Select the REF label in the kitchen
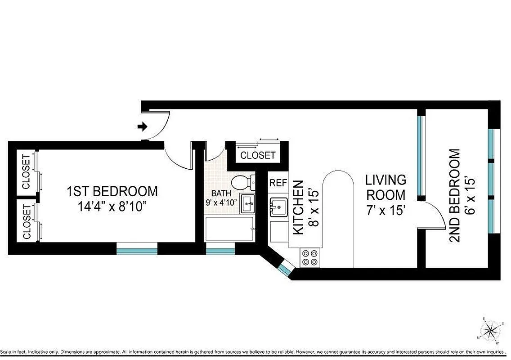(278, 183)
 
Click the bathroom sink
(247, 204)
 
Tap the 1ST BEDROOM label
(112, 191)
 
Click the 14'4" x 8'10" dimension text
(112, 208)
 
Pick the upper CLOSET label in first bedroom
(26, 172)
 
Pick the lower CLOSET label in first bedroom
(26, 221)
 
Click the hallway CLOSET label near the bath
(258, 156)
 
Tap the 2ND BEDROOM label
(455, 196)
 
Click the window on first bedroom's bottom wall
(137, 248)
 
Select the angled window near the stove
(285, 270)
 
